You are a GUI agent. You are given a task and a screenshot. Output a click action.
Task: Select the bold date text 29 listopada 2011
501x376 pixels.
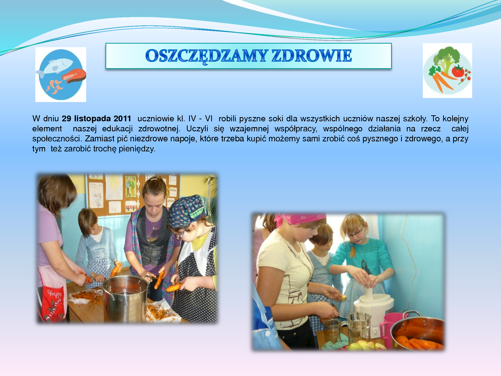pyautogui.click(x=96, y=118)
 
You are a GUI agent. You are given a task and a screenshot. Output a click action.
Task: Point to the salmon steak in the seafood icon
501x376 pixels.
pyautogui.click(x=74, y=75)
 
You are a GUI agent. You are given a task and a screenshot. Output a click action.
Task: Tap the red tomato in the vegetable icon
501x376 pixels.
pyautogui.click(x=458, y=71)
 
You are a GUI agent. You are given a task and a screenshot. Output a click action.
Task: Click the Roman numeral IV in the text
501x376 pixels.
pyautogui.click(x=192, y=118)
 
